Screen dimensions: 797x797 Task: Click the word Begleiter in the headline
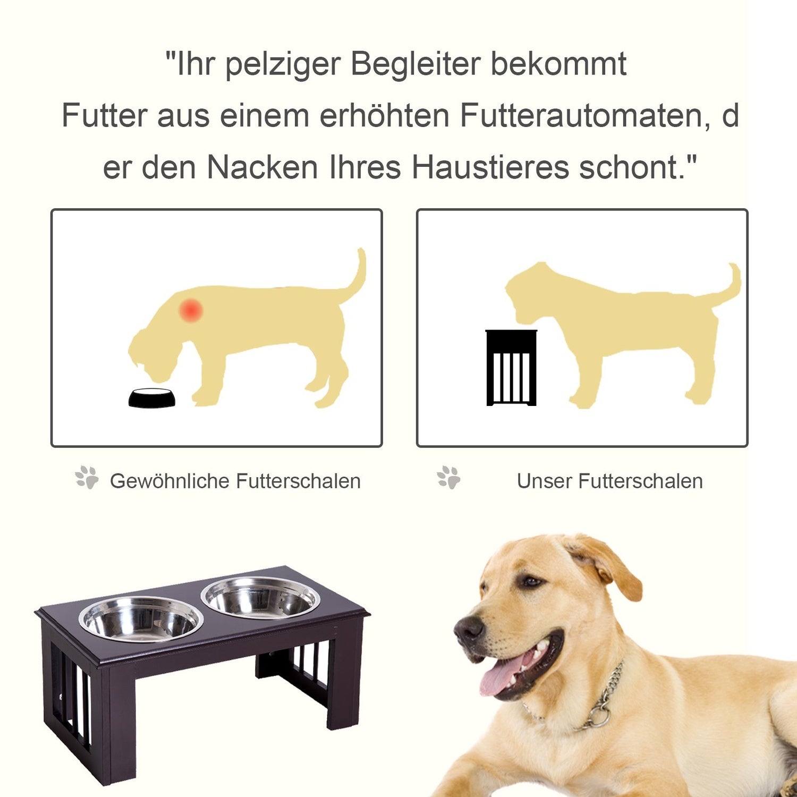tap(415, 64)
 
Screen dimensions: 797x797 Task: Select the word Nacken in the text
tap(262, 167)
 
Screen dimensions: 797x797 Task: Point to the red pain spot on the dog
tap(191, 310)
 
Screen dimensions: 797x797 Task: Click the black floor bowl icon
tap(152, 398)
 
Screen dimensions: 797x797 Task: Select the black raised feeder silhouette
tap(511, 368)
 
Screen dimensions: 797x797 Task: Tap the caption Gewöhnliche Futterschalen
tap(235, 481)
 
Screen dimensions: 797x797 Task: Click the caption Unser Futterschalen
tap(609, 481)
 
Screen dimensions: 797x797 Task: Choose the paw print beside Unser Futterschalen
tap(449, 477)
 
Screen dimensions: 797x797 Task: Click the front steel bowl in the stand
tap(141, 620)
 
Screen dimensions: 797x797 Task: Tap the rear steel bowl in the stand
tap(260, 597)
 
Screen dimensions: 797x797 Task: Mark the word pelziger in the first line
tap(283, 64)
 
